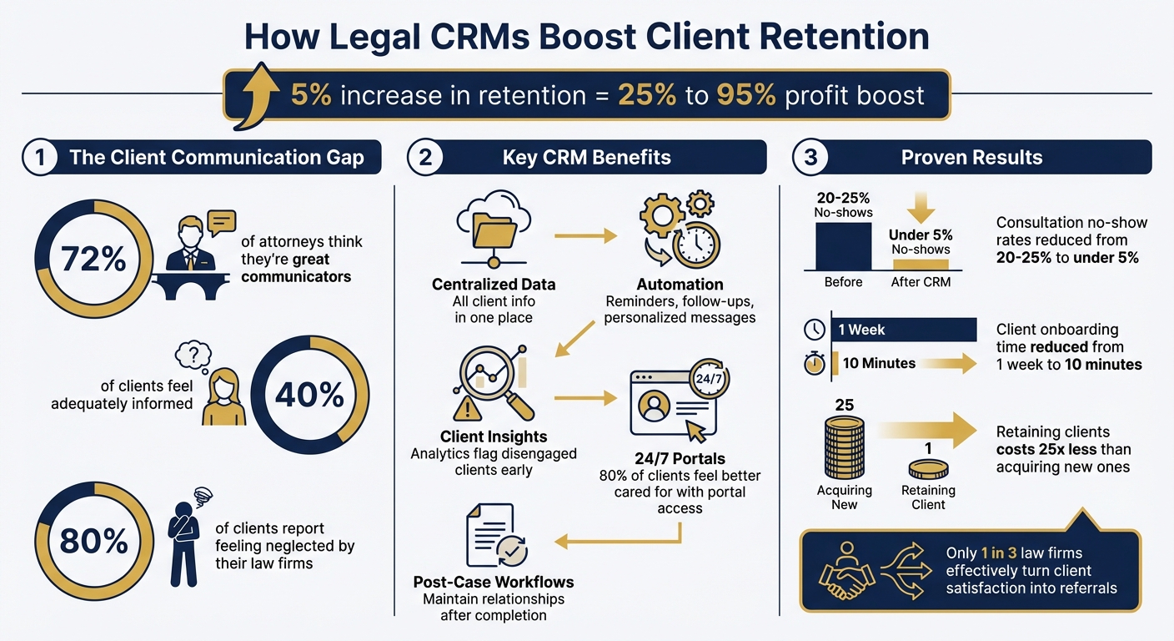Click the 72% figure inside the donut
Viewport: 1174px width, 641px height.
click(x=93, y=260)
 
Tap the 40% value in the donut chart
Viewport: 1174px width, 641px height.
click(x=309, y=395)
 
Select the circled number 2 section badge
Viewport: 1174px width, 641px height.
click(x=425, y=157)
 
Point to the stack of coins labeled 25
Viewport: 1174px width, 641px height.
click(x=844, y=447)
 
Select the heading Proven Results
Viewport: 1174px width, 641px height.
click(x=971, y=157)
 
